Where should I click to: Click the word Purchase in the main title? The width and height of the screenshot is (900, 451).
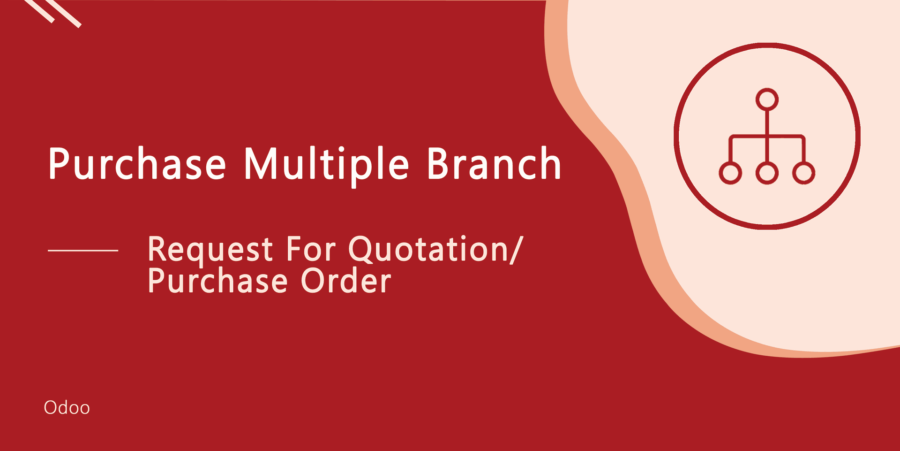pos(137,164)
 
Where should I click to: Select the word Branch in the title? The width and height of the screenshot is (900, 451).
pos(494,163)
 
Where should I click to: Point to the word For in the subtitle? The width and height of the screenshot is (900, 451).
pos(311,249)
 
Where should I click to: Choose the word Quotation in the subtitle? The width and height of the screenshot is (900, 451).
pos(428,250)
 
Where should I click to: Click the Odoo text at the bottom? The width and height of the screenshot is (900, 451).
pos(67,408)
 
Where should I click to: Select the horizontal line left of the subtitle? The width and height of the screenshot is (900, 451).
pos(83,251)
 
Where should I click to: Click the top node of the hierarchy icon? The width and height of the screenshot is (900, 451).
pos(767,99)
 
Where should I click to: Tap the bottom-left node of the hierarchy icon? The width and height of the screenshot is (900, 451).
pos(730,173)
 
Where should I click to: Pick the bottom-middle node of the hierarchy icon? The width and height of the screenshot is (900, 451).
pos(767,173)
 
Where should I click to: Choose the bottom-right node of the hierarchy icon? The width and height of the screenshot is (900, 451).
pos(803,173)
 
